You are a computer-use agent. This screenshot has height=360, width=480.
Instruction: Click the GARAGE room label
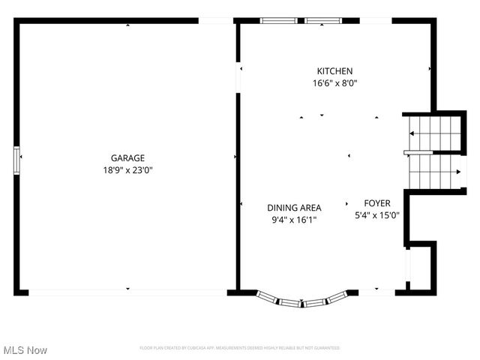127,157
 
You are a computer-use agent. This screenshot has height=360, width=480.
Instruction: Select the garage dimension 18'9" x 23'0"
127,170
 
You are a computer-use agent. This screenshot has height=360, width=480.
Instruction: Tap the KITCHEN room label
334,71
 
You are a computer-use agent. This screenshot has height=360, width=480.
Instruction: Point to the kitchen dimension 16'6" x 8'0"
334,83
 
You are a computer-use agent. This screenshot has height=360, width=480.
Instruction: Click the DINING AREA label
295,208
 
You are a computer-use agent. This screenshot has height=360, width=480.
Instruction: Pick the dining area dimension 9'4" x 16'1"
295,220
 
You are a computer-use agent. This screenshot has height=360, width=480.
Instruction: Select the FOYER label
377,203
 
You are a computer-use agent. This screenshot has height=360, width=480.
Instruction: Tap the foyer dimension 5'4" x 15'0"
377,215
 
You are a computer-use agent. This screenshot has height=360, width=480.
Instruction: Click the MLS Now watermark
25,350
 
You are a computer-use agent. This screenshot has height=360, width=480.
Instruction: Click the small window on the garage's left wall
16,160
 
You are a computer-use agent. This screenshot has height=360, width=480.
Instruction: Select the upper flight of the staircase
435,133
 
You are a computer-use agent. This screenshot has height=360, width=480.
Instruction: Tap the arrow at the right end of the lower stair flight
458,171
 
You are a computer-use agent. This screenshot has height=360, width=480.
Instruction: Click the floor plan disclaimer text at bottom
240,348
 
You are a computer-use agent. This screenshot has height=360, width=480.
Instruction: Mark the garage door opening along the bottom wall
127,292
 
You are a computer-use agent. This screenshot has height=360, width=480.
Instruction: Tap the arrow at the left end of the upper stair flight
411,133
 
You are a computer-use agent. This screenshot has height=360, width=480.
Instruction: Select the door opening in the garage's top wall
216,20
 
